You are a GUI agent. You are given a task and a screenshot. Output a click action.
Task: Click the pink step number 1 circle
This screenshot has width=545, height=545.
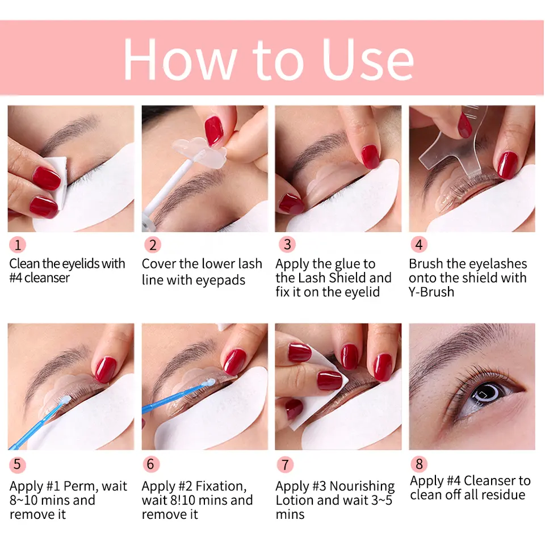tap(18, 245)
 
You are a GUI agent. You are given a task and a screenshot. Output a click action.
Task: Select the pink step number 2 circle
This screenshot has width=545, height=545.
tap(152, 245)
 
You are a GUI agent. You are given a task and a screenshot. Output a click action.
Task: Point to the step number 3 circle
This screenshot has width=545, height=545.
tap(287, 245)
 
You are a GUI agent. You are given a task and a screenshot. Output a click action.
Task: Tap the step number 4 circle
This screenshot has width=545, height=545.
tap(419, 245)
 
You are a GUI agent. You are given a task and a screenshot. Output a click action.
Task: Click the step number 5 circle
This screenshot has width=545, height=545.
tap(18, 464)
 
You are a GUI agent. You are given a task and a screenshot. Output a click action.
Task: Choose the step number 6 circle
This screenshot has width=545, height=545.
tap(150, 464)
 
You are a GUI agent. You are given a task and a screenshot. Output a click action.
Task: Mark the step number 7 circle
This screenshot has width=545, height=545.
tap(285, 464)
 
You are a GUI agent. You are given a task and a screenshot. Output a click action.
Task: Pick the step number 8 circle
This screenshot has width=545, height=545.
tap(419, 464)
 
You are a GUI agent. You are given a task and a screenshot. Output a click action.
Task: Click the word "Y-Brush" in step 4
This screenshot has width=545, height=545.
tap(431, 292)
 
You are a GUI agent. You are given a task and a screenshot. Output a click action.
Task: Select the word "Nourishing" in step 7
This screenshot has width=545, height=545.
tap(362, 487)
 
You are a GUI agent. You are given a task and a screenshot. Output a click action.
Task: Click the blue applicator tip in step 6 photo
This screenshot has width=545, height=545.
tap(211, 383)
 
